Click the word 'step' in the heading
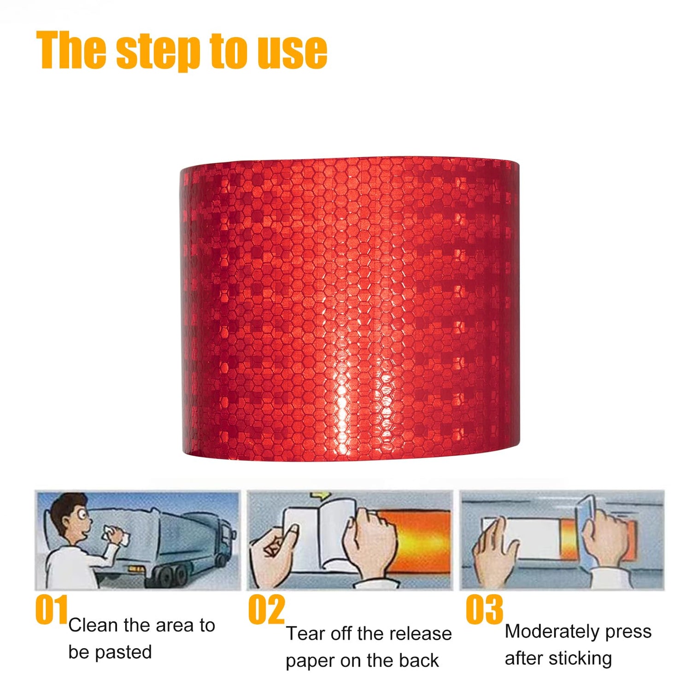158,52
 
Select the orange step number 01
52,609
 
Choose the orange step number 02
267,609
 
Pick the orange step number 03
484,609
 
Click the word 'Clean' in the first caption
94,626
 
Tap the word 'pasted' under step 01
123,653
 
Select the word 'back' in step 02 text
419,661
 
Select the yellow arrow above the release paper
321,496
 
